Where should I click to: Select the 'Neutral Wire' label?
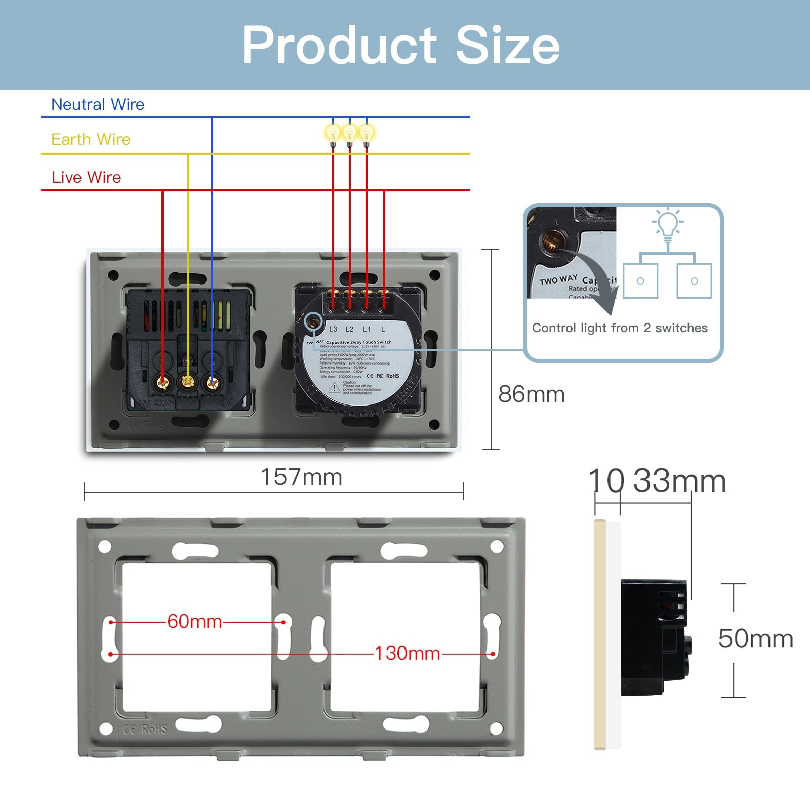point(98,104)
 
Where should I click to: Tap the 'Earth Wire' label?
point(91,139)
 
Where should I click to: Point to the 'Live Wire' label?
point(86,177)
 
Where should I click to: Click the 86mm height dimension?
point(531,394)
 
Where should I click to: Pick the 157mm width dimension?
point(301,477)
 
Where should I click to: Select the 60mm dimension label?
point(194,621)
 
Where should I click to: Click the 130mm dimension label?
point(407,653)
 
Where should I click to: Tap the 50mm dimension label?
point(755,638)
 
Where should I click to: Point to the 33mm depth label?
point(679,481)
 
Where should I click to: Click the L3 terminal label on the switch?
point(333,329)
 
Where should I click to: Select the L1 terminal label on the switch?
point(367,329)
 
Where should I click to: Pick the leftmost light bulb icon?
point(333,134)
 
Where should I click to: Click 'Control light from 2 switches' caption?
point(620,328)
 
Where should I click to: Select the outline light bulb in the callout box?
point(668,225)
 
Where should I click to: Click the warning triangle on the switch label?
point(334,388)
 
